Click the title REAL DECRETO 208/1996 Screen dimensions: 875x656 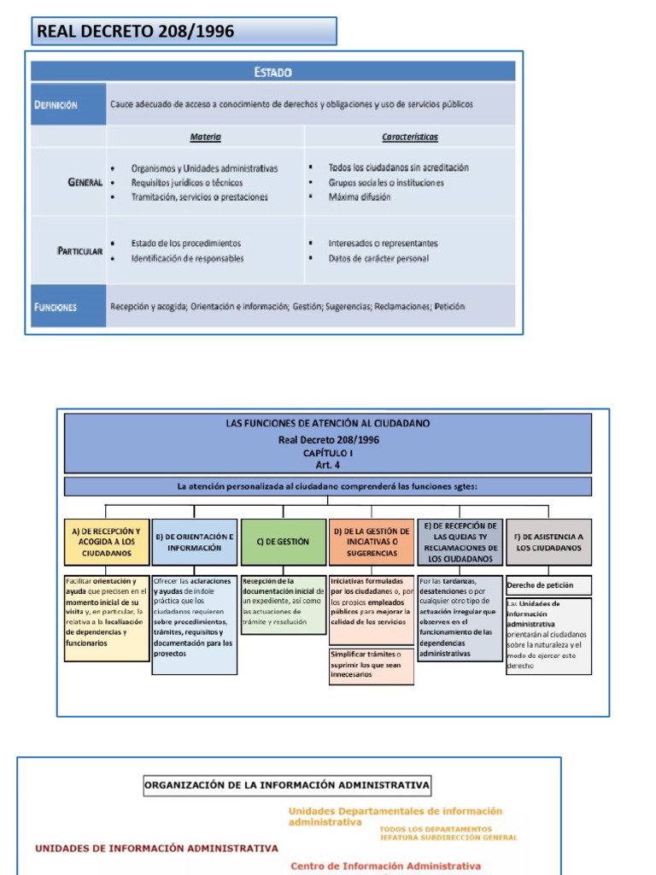pos(135,32)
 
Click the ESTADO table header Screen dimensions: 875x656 pos(272,73)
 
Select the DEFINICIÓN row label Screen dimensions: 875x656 pos(56,105)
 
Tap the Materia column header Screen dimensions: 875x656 pos(205,137)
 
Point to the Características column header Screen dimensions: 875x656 pos(410,137)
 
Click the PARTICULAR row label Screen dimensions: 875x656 pos(81,251)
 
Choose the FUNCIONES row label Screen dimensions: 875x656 pos(56,307)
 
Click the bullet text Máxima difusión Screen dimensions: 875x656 pos(360,197)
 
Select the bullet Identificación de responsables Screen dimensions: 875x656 pos(187,258)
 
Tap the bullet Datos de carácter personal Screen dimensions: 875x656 pos(378,258)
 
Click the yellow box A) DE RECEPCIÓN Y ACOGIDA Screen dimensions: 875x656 pos(107,542)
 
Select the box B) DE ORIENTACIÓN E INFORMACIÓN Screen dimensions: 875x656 pos(195,542)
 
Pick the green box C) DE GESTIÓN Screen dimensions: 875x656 pos(283,542)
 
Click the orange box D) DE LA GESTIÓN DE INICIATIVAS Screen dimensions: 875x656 pos(372,542)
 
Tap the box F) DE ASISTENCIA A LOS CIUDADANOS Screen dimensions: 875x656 pos(549,542)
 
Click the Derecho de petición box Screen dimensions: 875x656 pos(549,585)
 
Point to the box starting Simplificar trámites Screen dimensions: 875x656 pos(372,665)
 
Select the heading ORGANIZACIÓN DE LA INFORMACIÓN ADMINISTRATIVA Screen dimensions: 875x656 pos(287,784)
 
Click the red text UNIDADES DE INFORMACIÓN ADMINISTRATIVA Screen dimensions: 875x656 pos(156,849)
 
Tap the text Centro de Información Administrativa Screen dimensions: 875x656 pos(385,866)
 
